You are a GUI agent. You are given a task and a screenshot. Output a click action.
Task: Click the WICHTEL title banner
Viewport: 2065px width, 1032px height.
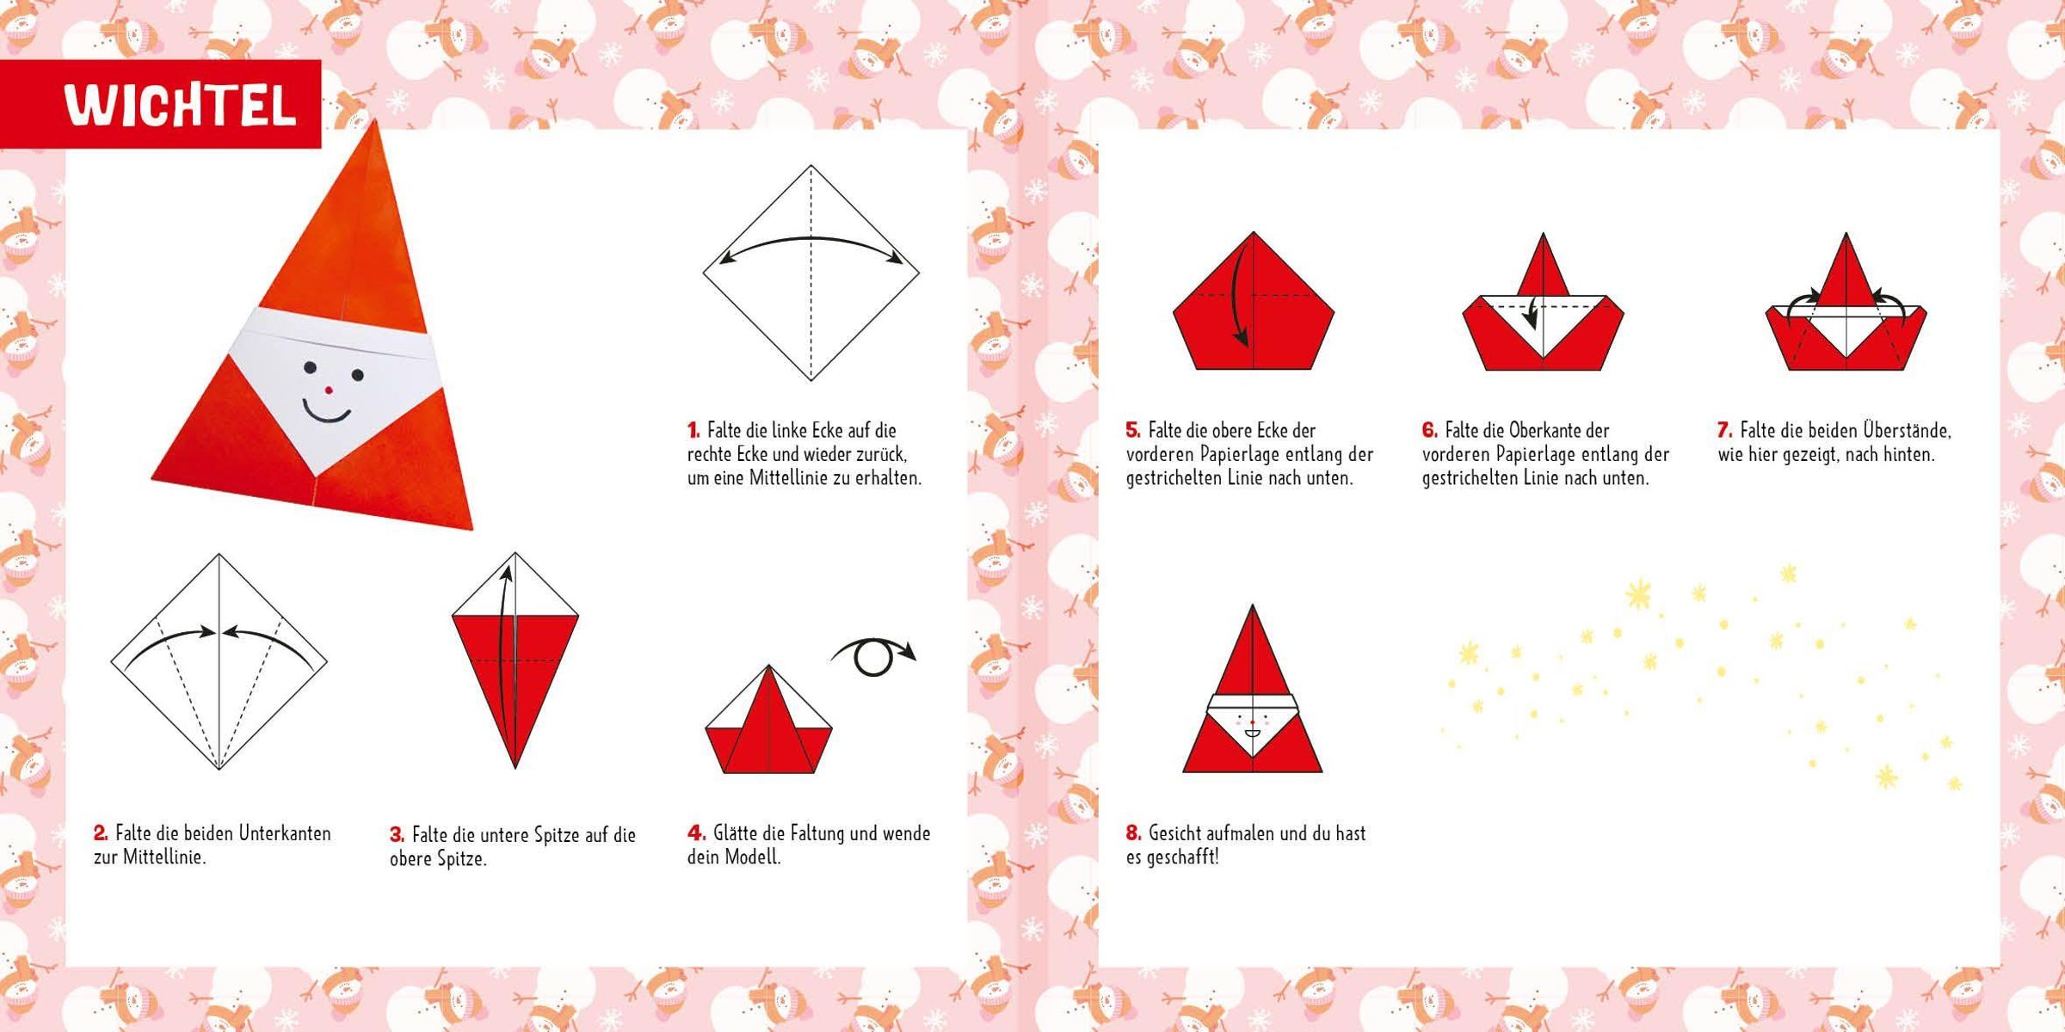click(x=161, y=104)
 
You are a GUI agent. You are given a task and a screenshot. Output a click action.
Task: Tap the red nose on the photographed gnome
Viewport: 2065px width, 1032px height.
click(x=328, y=390)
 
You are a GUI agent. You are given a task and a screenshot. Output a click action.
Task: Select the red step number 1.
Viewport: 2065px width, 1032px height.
click(x=693, y=430)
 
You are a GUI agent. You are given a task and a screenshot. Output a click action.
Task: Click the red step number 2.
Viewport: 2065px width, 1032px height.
click(x=101, y=833)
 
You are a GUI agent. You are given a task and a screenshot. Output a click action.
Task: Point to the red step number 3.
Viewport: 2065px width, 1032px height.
click(x=397, y=834)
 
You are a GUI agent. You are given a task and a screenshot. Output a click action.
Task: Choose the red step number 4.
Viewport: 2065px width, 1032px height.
click(x=695, y=833)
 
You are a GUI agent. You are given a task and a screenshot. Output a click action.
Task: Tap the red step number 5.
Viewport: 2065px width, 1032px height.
click(x=1133, y=430)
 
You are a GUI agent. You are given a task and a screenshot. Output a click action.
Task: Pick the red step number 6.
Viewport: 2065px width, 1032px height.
click(x=1430, y=430)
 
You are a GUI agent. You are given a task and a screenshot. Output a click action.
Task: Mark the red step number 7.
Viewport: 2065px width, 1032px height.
click(x=1725, y=430)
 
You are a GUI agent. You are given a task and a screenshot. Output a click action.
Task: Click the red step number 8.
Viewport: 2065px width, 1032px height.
click(x=1133, y=833)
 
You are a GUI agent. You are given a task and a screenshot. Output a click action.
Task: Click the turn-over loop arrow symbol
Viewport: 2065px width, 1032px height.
click(x=873, y=655)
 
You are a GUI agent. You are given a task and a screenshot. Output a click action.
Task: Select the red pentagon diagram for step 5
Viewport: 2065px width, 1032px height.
click(x=1254, y=301)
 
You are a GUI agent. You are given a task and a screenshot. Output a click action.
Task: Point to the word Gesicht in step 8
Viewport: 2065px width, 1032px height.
click(x=1180, y=833)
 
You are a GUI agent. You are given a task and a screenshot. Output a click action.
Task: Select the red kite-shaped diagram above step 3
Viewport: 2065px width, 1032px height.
click(x=515, y=660)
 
